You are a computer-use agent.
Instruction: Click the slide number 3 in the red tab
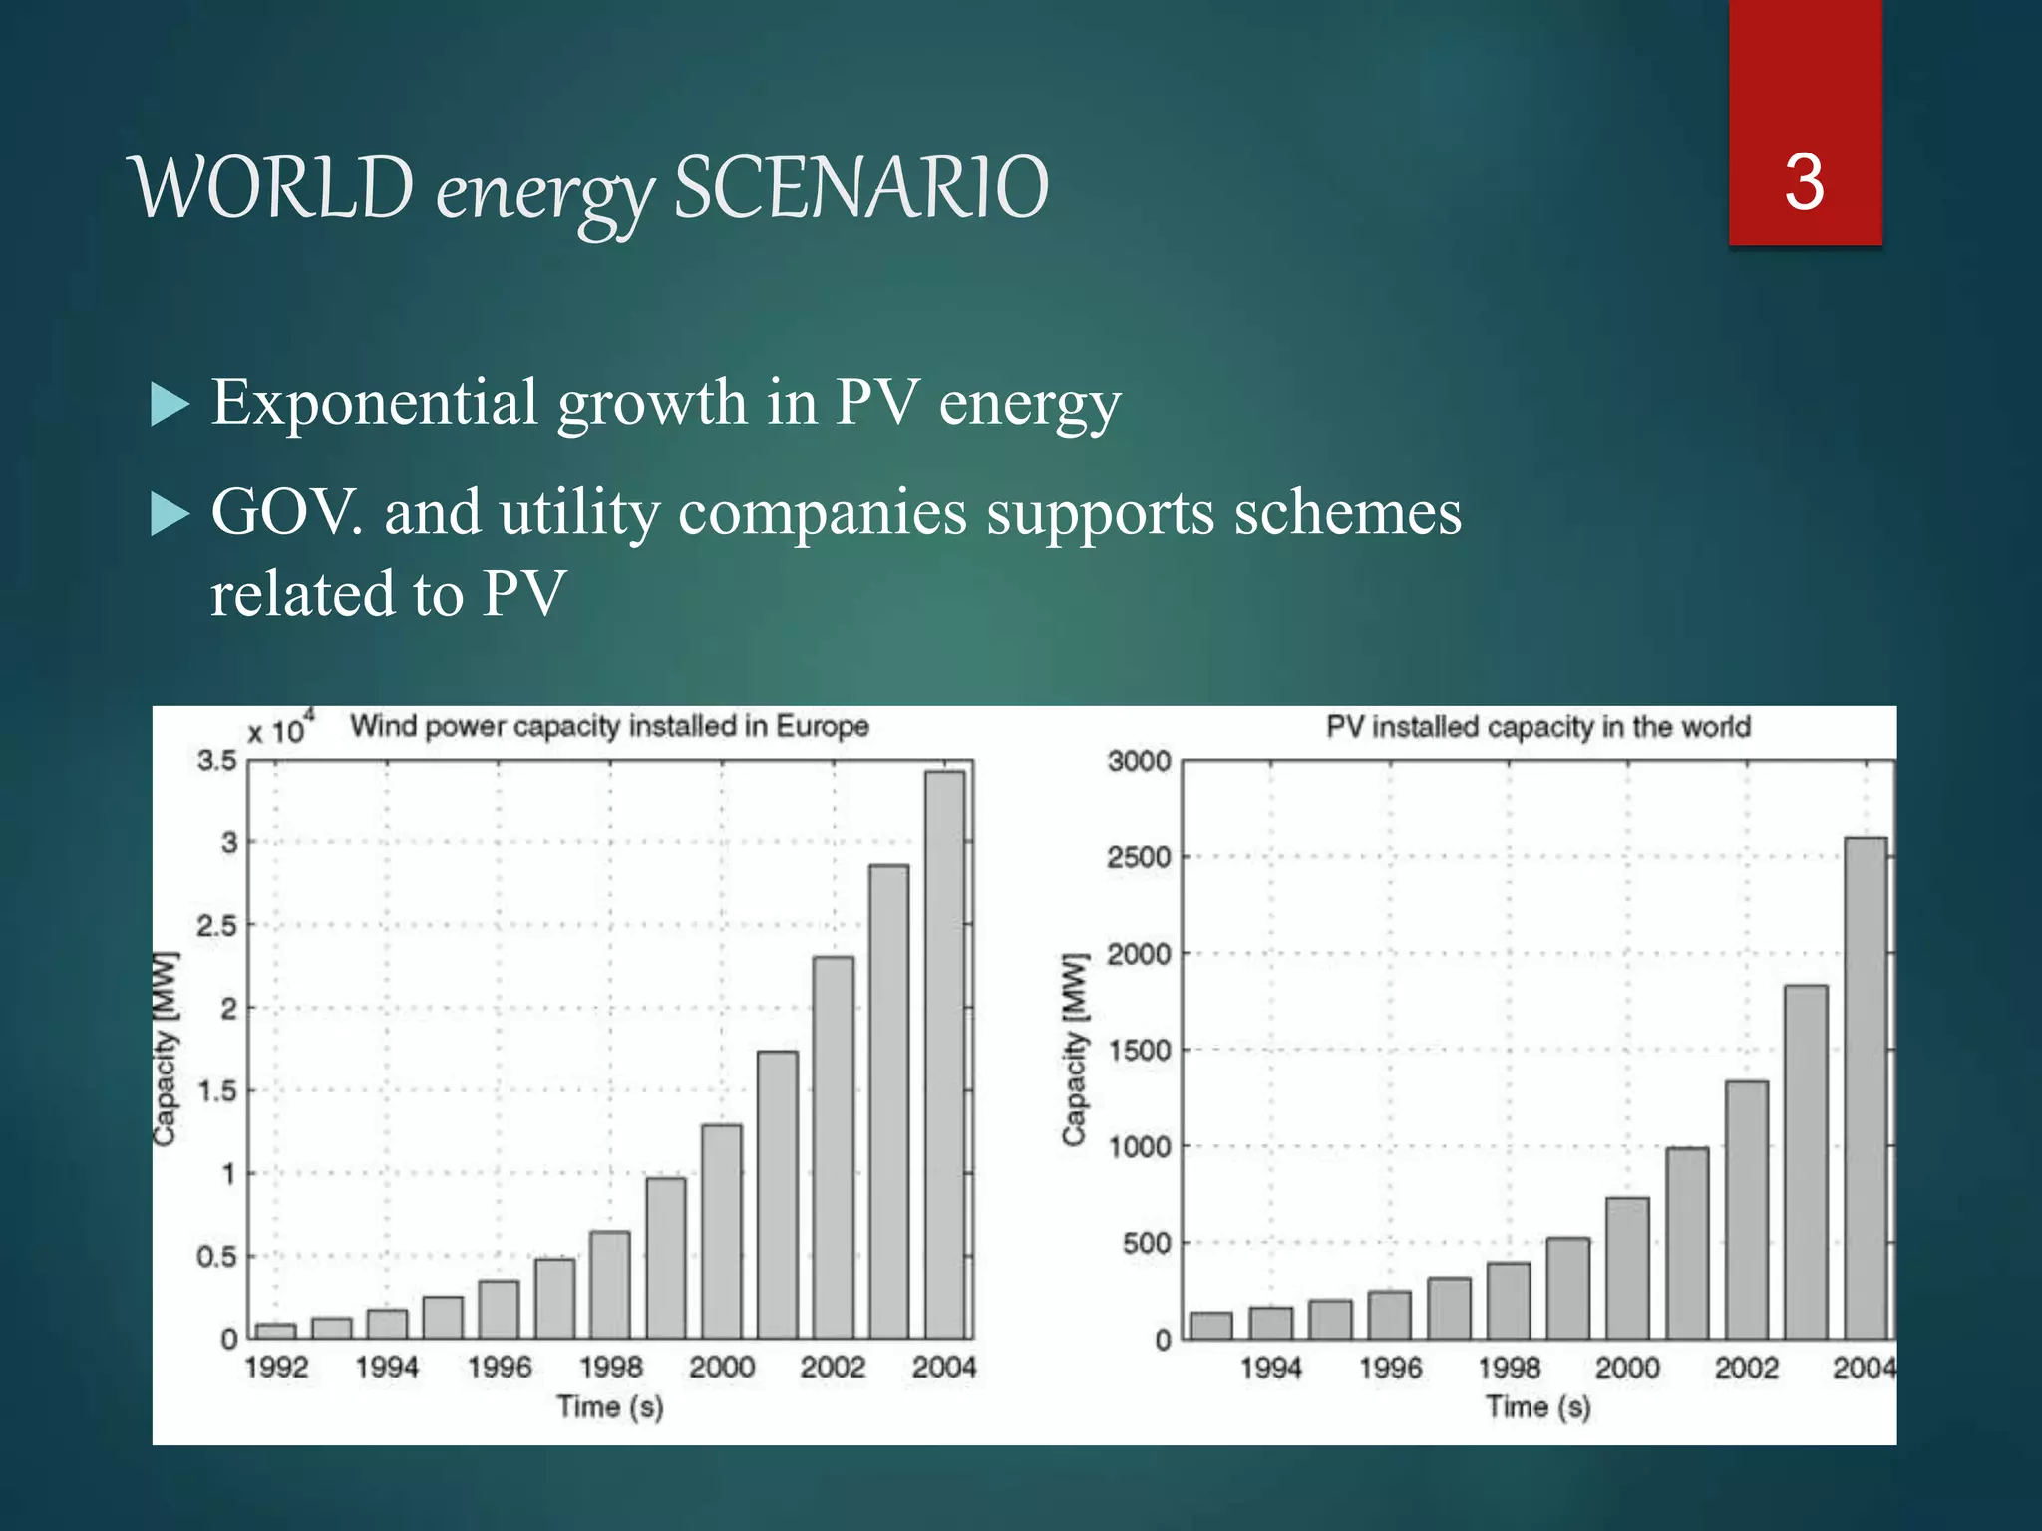[x=1804, y=182]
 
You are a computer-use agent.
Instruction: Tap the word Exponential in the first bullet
[x=374, y=403]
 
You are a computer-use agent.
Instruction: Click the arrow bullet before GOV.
[x=170, y=515]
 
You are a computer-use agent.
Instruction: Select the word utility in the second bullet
[x=579, y=513]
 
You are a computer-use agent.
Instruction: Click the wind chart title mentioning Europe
[x=609, y=726]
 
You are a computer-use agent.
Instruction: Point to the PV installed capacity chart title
[x=1537, y=726]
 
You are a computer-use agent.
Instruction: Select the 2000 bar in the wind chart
[x=722, y=1231]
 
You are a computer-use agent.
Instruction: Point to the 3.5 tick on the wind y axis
[x=217, y=762]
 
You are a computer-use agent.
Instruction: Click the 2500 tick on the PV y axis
[x=1139, y=857]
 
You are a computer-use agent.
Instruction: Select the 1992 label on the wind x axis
[x=276, y=1367]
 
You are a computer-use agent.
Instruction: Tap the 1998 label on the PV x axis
[x=1509, y=1368]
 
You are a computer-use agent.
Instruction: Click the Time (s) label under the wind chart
[x=609, y=1407]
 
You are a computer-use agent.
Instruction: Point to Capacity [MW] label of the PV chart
[x=1074, y=1050]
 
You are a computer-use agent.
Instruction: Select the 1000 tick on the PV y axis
[x=1139, y=1147]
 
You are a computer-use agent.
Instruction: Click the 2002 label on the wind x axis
[x=833, y=1367]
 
